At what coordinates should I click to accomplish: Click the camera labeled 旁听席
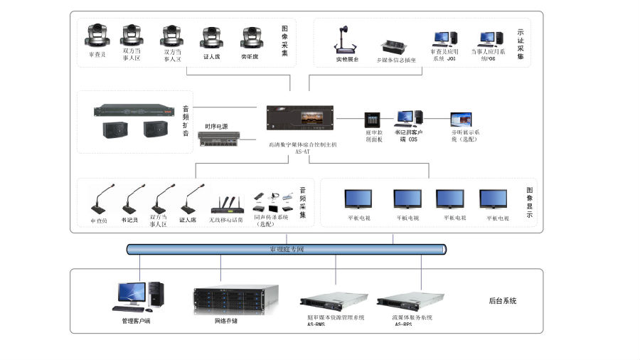(252, 37)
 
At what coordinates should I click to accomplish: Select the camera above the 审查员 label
(97, 36)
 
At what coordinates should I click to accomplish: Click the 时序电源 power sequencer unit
(220, 140)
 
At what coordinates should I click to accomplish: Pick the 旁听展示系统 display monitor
(460, 119)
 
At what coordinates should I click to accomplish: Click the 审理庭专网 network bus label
(287, 250)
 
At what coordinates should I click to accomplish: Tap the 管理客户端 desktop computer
(138, 297)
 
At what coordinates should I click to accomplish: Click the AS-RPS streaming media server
(410, 302)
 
